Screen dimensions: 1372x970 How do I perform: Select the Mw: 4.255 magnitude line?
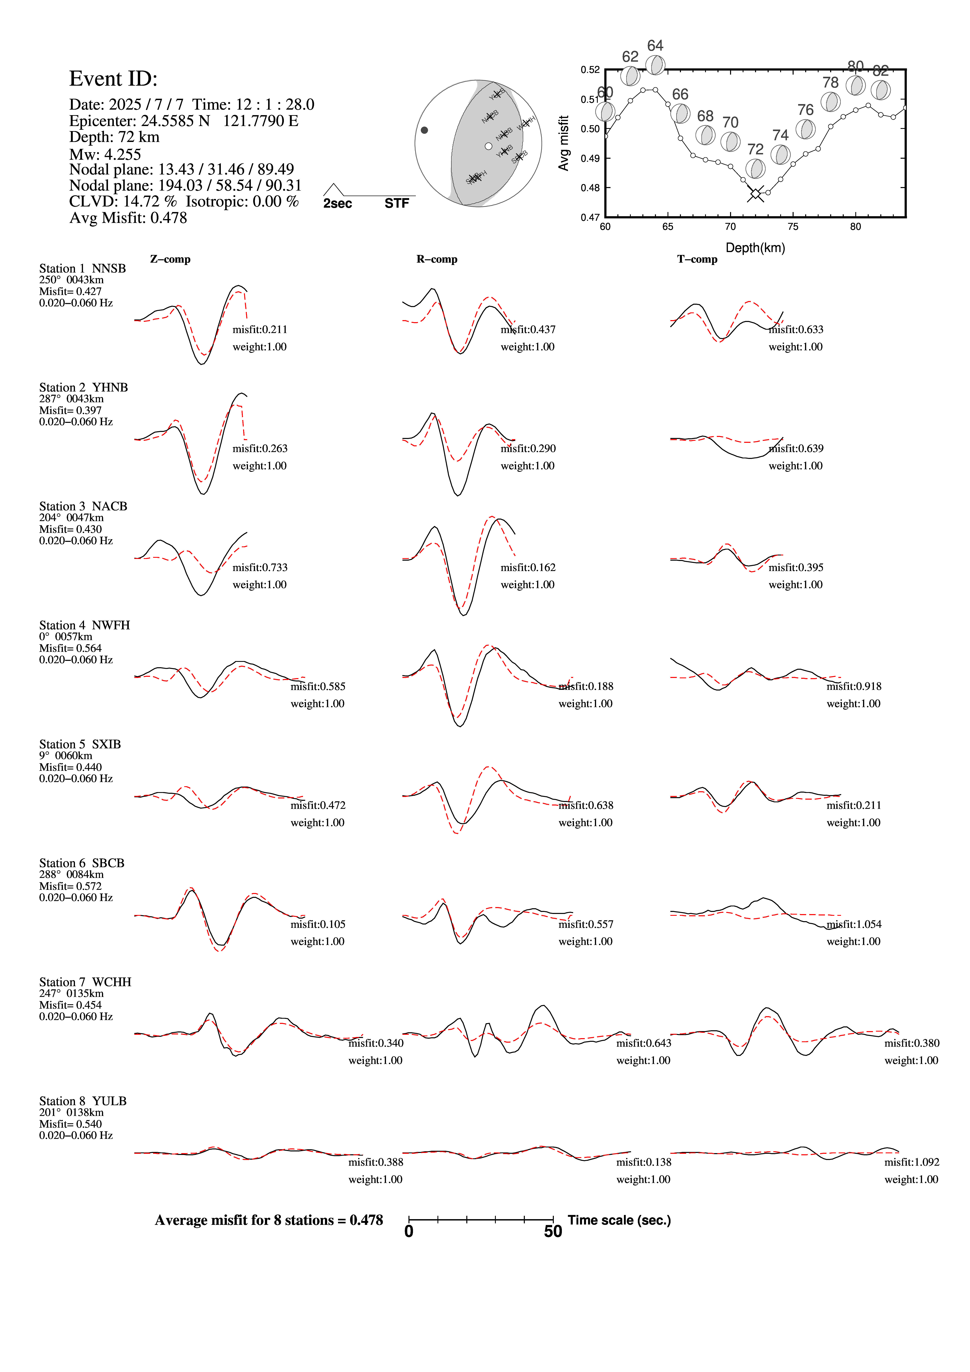[105, 154]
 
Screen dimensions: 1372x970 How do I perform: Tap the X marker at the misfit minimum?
[755, 194]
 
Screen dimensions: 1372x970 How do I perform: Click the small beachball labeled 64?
[656, 65]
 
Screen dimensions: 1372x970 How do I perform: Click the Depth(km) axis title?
[755, 248]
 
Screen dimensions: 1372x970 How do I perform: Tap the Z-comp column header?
[170, 259]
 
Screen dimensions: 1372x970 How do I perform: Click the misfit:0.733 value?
[260, 567]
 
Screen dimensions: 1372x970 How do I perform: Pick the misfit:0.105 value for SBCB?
[318, 924]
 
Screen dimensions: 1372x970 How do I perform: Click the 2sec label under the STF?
[338, 204]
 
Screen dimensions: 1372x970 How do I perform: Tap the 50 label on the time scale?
[553, 1232]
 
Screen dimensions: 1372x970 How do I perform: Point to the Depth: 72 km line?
[114, 137]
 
